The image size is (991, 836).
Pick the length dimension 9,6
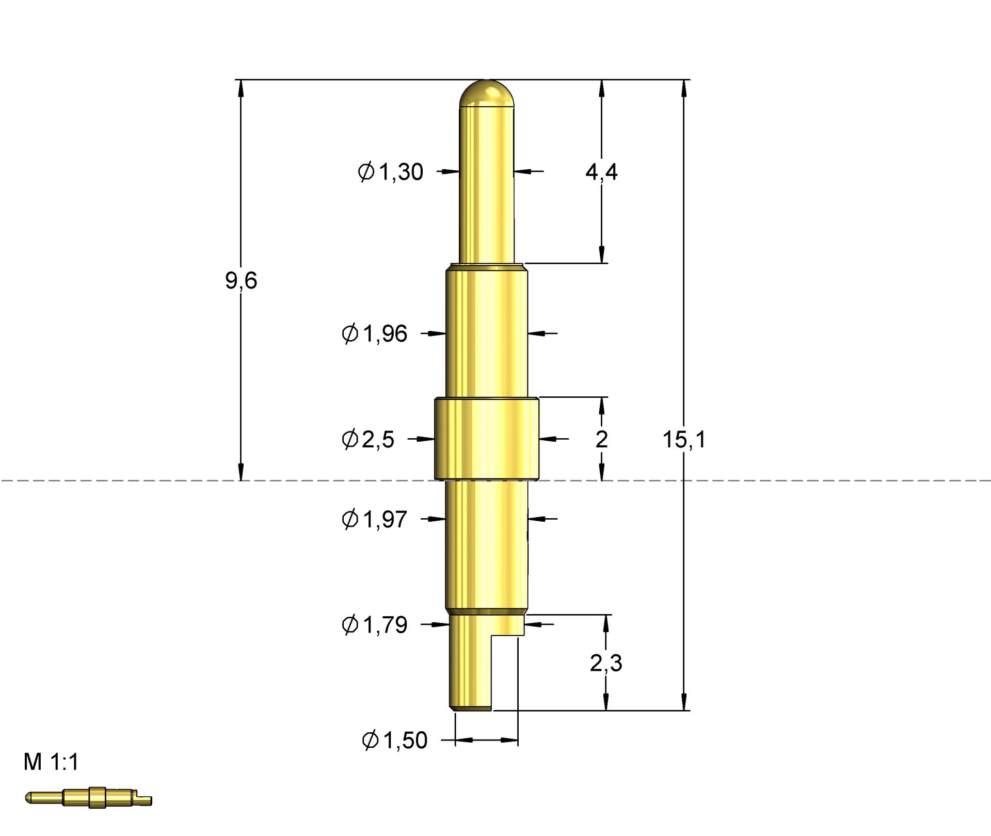[x=241, y=281]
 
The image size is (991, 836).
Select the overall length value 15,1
[x=683, y=440]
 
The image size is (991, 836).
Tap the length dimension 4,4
[x=601, y=172]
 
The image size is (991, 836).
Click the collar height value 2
[x=601, y=440]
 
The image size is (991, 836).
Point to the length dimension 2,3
[x=606, y=663]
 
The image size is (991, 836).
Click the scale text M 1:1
[x=51, y=762]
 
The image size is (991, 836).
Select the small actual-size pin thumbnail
[x=89, y=798]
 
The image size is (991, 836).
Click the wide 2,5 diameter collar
[x=486, y=439]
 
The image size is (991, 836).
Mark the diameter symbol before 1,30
[x=366, y=171]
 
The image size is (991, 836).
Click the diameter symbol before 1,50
[x=370, y=741]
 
